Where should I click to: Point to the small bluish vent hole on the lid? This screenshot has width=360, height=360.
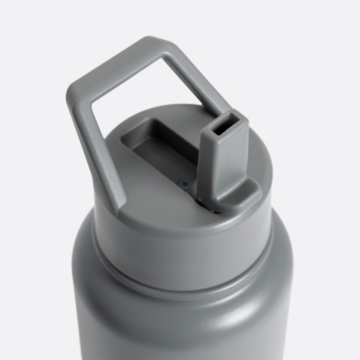184,183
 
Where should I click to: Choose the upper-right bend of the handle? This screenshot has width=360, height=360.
165,47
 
